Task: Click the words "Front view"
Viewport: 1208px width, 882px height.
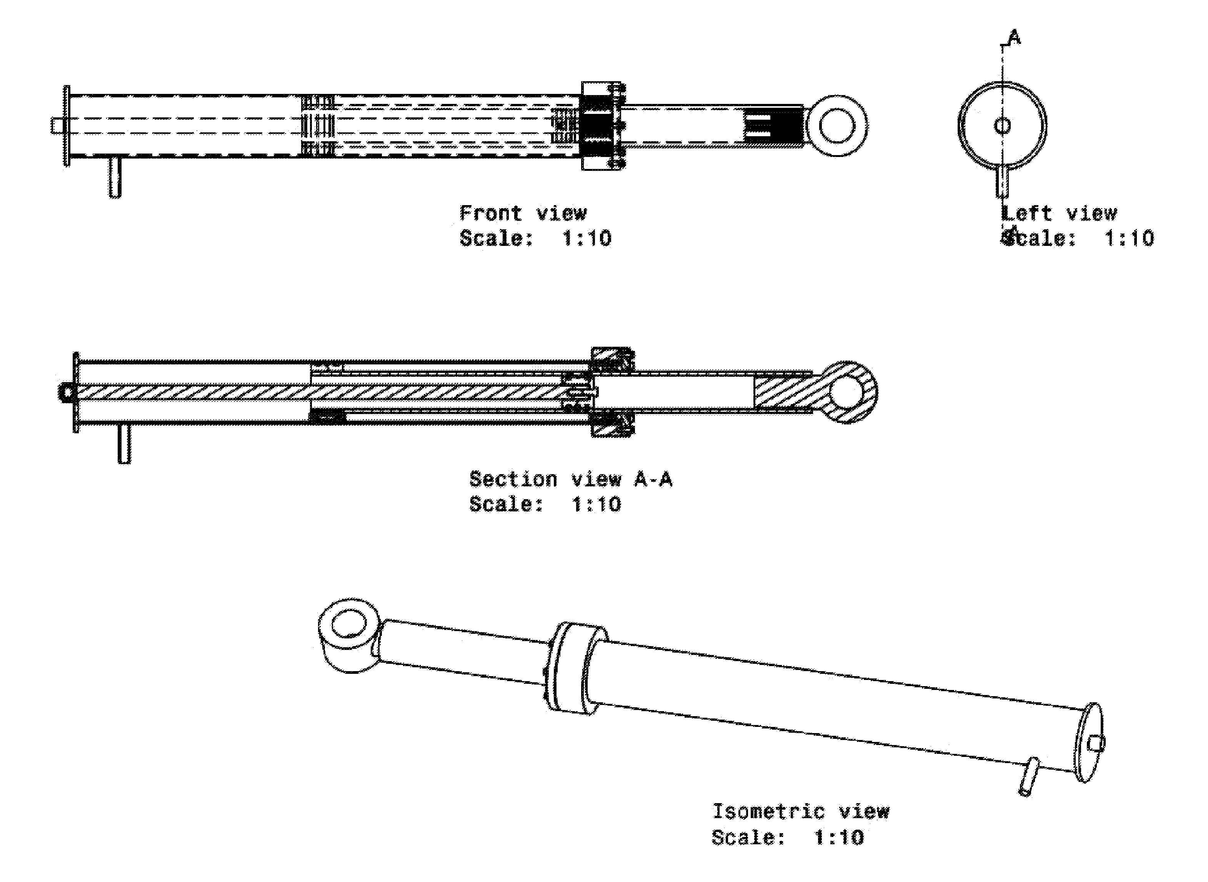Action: coord(523,214)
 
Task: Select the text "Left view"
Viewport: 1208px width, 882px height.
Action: coord(1059,214)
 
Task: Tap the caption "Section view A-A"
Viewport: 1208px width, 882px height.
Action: coord(570,479)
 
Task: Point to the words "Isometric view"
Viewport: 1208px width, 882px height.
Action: coord(801,812)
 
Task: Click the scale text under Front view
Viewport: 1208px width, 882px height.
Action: coord(535,238)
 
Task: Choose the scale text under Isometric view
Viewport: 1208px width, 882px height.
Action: coord(788,837)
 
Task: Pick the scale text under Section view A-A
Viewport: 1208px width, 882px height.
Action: coord(545,504)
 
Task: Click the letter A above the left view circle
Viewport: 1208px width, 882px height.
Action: coord(1014,37)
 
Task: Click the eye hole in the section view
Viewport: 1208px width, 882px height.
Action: coord(847,393)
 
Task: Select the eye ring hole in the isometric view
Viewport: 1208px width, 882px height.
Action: coord(350,623)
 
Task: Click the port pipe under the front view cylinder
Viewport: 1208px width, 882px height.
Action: coord(115,177)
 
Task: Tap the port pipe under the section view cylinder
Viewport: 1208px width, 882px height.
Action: coord(124,444)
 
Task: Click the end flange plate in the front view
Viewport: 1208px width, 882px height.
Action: coord(67,126)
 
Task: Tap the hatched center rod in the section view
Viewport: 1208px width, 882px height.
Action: coord(320,393)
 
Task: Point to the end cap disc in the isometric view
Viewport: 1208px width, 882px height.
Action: coord(1088,742)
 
